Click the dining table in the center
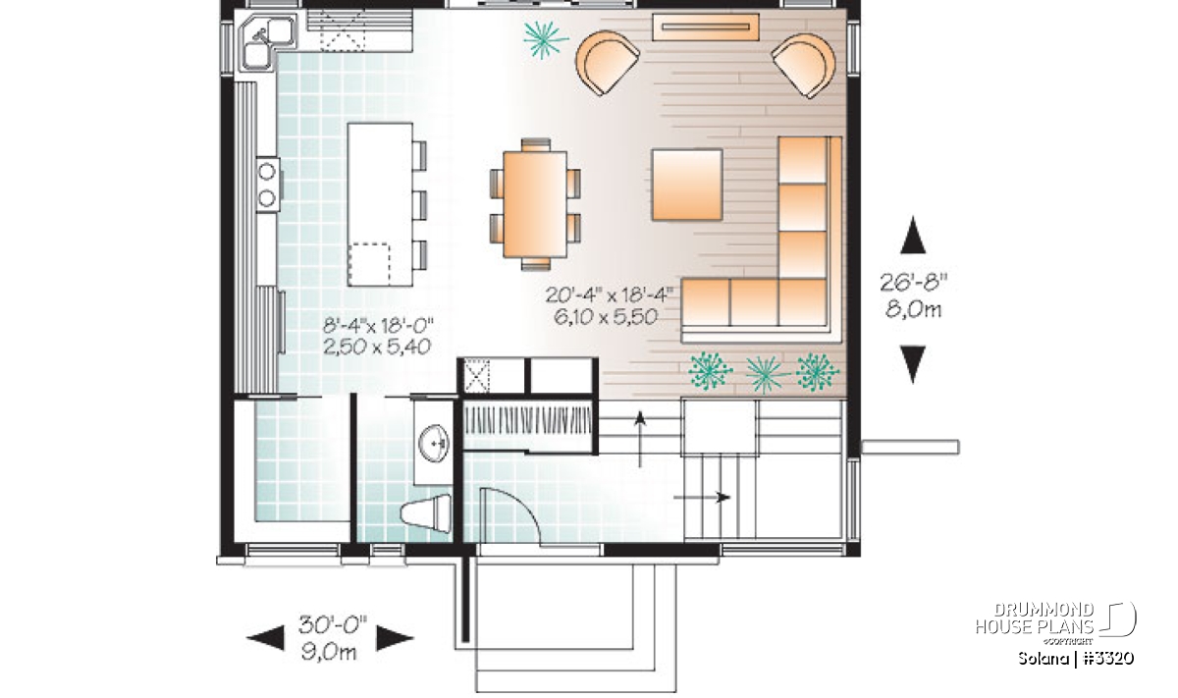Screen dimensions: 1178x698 pos(535,204)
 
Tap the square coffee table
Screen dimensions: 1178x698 pos(687,185)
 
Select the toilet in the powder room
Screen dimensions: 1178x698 pos(426,511)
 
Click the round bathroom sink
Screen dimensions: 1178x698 pos(434,442)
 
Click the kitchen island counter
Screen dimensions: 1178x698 pos(380,204)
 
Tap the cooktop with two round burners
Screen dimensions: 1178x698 pos(268,185)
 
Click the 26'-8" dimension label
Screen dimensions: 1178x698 pos(914,284)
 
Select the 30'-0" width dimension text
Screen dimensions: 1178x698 pos(333,625)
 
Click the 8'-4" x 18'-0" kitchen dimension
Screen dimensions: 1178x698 pos(378,326)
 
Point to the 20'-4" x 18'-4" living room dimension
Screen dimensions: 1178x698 pos(609,295)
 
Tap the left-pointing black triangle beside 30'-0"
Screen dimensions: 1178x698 pos(266,638)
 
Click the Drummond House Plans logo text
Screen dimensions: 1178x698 pos(1035,618)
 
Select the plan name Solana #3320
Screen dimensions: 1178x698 pos(1076,658)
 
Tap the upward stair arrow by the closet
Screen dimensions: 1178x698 pos(639,439)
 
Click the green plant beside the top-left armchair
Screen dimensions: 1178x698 pos(546,39)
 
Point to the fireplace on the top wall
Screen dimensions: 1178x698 pos(706,27)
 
